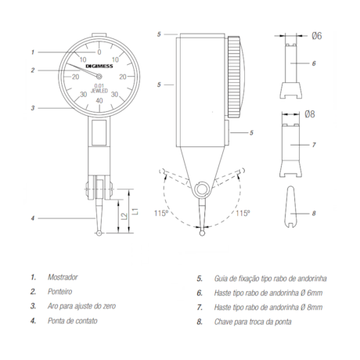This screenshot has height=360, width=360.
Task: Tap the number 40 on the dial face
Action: [x=99, y=100]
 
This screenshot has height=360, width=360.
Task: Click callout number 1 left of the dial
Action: [x=33, y=52]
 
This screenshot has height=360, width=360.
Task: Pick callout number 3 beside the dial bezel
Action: [x=33, y=108]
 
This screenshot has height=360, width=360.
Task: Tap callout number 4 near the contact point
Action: [x=33, y=218]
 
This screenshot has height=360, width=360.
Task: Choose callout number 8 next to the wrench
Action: [x=313, y=212]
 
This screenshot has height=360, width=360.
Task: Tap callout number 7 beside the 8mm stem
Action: [x=313, y=146]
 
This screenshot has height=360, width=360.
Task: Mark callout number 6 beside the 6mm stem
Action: [x=313, y=63]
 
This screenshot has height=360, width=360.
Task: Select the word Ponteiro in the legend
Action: [x=62, y=291]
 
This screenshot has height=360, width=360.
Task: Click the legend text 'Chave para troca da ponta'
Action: [x=247, y=320]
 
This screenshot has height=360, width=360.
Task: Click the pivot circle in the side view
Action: [x=201, y=188]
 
